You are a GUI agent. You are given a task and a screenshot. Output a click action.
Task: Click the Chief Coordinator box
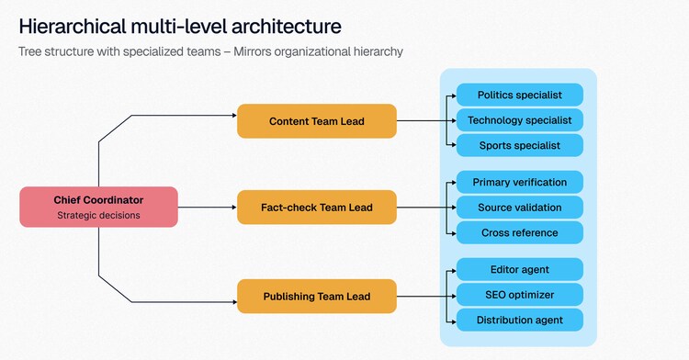click(x=99, y=207)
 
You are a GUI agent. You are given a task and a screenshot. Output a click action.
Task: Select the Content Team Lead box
click(x=317, y=121)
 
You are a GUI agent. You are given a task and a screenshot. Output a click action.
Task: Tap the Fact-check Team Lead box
click(x=317, y=208)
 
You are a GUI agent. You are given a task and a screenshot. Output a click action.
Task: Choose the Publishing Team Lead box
click(x=317, y=297)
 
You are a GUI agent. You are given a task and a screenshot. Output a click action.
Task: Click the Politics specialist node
click(x=520, y=95)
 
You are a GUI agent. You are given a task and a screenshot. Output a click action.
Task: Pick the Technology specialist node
click(x=520, y=120)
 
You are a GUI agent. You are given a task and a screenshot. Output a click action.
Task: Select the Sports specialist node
click(x=520, y=145)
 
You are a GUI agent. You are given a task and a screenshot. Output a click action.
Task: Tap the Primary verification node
click(x=520, y=182)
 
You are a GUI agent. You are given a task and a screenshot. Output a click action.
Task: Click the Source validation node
click(x=520, y=208)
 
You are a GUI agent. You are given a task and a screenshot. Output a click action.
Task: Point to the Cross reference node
click(x=520, y=232)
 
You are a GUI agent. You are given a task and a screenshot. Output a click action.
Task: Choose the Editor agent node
click(x=520, y=270)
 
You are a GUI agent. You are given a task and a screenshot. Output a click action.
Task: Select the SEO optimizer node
click(x=520, y=295)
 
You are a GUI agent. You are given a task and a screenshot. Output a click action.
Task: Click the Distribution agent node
click(x=520, y=320)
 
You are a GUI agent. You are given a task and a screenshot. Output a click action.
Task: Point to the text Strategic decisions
click(x=98, y=216)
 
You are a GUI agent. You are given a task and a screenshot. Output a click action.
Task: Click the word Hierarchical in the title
click(x=73, y=27)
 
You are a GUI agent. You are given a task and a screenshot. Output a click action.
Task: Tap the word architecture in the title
click(x=286, y=27)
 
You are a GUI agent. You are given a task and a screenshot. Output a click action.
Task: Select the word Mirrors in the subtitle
click(x=254, y=51)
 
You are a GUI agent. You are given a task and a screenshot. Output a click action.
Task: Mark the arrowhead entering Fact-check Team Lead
click(x=234, y=208)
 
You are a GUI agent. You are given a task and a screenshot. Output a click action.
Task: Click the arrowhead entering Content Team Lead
click(x=234, y=116)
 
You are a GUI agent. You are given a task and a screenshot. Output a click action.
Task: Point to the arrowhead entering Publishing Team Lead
click(x=234, y=302)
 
